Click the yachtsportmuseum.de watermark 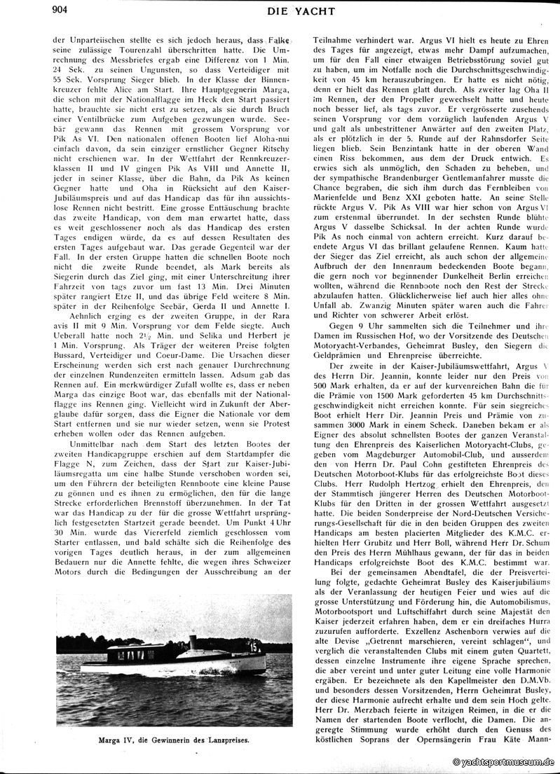click(505, 763)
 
